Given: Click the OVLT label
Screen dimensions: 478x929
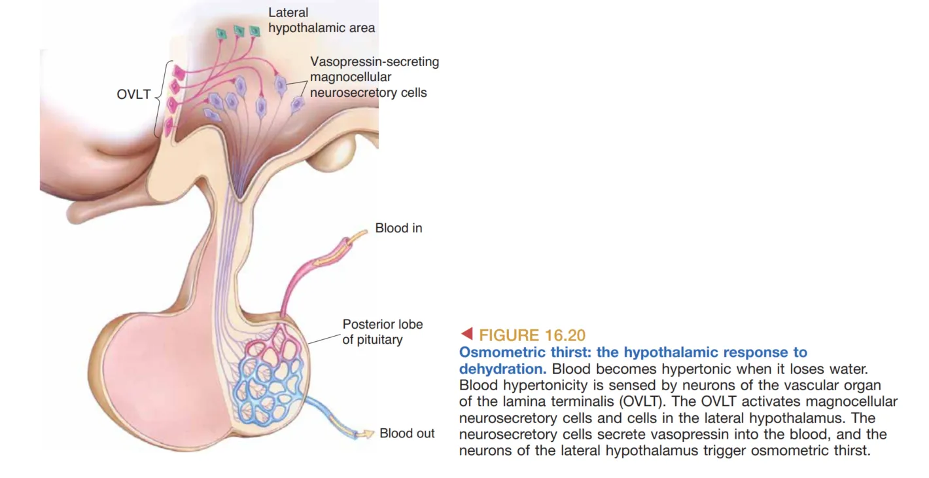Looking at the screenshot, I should tap(133, 94).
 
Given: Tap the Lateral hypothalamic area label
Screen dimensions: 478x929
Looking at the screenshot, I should tap(321, 20).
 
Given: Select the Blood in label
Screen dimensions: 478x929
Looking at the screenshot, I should tap(398, 229).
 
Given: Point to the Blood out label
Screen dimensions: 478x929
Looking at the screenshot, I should tap(407, 433).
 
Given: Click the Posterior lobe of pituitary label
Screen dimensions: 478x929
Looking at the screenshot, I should tap(382, 332).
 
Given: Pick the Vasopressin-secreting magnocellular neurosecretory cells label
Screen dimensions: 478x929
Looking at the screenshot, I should tap(374, 77).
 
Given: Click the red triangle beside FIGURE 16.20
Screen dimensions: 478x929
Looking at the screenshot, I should tap(466, 334).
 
